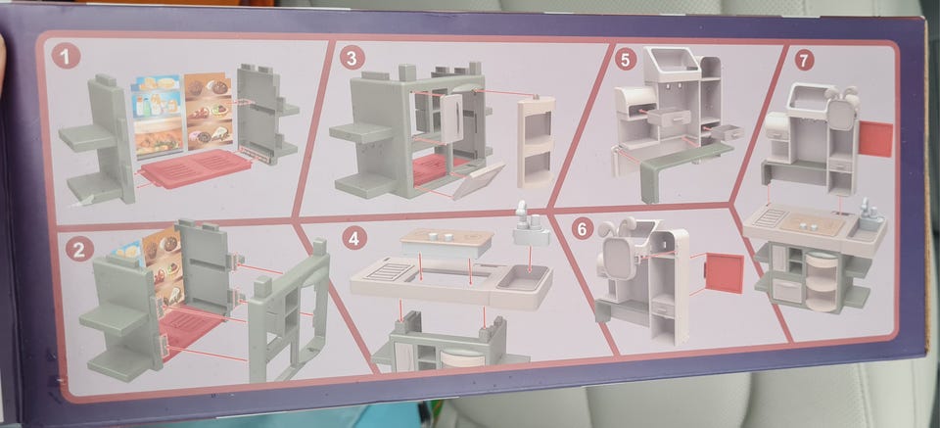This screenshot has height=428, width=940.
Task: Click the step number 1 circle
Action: click(66, 57)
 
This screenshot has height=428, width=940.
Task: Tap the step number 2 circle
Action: click(79, 249)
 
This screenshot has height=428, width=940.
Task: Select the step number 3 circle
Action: click(352, 58)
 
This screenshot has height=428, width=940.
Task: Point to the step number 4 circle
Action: click(354, 238)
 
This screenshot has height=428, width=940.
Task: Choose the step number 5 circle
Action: click(626, 60)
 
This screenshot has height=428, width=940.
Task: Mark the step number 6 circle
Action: click(584, 227)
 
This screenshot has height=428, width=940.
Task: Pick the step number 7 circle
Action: click(804, 60)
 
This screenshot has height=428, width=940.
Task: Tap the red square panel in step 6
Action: click(724, 272)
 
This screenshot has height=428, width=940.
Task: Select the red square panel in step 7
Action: click(875, 139)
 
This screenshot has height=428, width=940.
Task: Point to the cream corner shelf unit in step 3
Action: click(536, 142)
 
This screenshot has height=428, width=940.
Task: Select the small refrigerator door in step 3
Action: click(450, 117)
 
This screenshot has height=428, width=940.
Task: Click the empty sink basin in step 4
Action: click(522, 279)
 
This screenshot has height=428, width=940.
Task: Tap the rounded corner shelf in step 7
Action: click(821, 280)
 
